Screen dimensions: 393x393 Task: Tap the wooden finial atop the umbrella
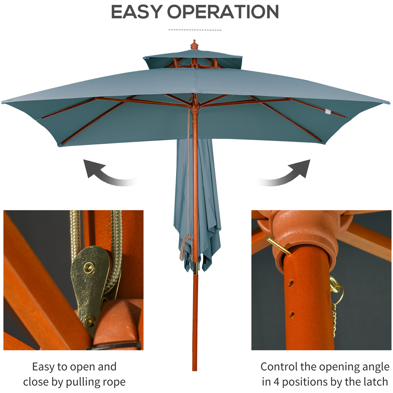coord(194,44)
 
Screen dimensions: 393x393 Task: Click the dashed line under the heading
coord(195,30)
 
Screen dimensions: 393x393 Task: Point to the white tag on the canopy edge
coord(327,112)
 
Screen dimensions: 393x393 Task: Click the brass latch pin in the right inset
coord(278,246)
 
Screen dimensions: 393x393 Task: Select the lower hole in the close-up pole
coord(292,314)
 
